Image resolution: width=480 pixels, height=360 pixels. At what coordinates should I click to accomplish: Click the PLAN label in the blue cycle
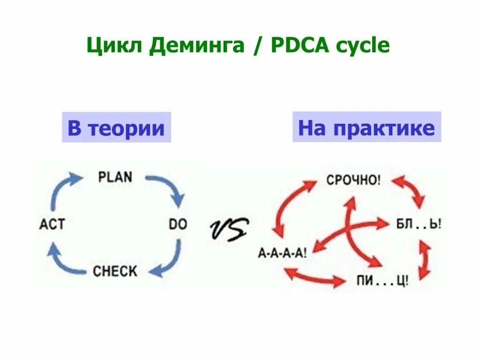point(115,177)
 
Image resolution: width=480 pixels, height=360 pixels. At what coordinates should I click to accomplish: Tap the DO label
point(178,224)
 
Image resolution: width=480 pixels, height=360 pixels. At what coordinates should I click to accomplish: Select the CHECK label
point(115,271)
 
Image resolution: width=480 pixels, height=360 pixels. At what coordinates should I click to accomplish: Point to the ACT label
point(52,224)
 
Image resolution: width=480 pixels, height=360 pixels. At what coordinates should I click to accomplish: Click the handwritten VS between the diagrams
point(228,230)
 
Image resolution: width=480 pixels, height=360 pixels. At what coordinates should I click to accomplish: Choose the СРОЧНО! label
point(353,180)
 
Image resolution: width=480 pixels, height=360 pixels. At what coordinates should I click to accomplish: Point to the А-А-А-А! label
point(283,253)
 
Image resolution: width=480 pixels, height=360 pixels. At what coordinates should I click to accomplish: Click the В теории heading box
point(116,127)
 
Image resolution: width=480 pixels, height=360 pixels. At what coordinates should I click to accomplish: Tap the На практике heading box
point(367,127)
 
